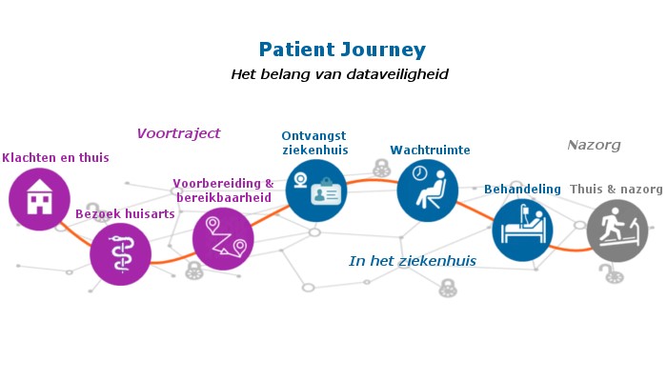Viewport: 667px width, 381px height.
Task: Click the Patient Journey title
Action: tap(342, 50)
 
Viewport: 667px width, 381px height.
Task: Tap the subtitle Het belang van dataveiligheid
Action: tap(339, 74)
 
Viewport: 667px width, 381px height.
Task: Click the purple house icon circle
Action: tap(40, 199)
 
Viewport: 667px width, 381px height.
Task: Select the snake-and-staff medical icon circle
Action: tap(120, 254)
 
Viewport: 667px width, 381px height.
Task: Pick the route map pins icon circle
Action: tap(223, 239)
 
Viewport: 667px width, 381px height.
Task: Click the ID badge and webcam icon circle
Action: tap(316, 190)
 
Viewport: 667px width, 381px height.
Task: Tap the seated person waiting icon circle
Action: tap(428, 190)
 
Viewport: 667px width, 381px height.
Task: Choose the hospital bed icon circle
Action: tap(523, 231)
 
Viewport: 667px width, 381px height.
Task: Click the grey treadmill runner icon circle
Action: tap(617, 231)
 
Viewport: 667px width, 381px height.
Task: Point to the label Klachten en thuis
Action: tap(55, 158)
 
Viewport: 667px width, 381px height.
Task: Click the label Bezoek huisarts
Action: tap(125, 214)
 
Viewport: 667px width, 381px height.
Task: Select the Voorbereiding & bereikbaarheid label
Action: tap(223, 190)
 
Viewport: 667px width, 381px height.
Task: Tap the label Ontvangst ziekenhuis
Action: tap(314, 143)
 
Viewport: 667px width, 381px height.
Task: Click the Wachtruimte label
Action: tap(430, 150)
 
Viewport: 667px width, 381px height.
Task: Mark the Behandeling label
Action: tap(522, 190)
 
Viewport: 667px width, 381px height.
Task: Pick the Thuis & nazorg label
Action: tap(616, 190)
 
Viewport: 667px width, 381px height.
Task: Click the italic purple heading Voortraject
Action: tap(179, 133)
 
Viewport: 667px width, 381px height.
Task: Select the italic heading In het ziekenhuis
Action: tap(413, 261)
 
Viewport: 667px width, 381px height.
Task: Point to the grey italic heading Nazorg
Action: tap(594, 146)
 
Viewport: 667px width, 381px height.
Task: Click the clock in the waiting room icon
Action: tap(420, 173)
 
